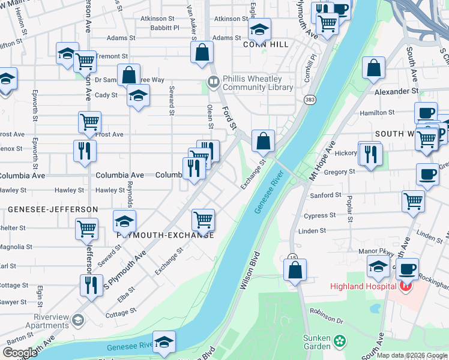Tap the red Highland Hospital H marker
pos(405,287)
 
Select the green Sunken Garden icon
pos(340,341)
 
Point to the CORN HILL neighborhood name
pos(266,44)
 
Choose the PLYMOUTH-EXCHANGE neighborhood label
pos(165,235)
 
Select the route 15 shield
pos(292,257)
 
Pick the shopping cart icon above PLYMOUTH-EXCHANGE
pos(203,220)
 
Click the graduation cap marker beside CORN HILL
pos(259,29)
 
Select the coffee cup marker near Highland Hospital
pos(407,269)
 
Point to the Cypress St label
pos(320,215)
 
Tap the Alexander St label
pos(396,91)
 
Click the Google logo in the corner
pos(20,353)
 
